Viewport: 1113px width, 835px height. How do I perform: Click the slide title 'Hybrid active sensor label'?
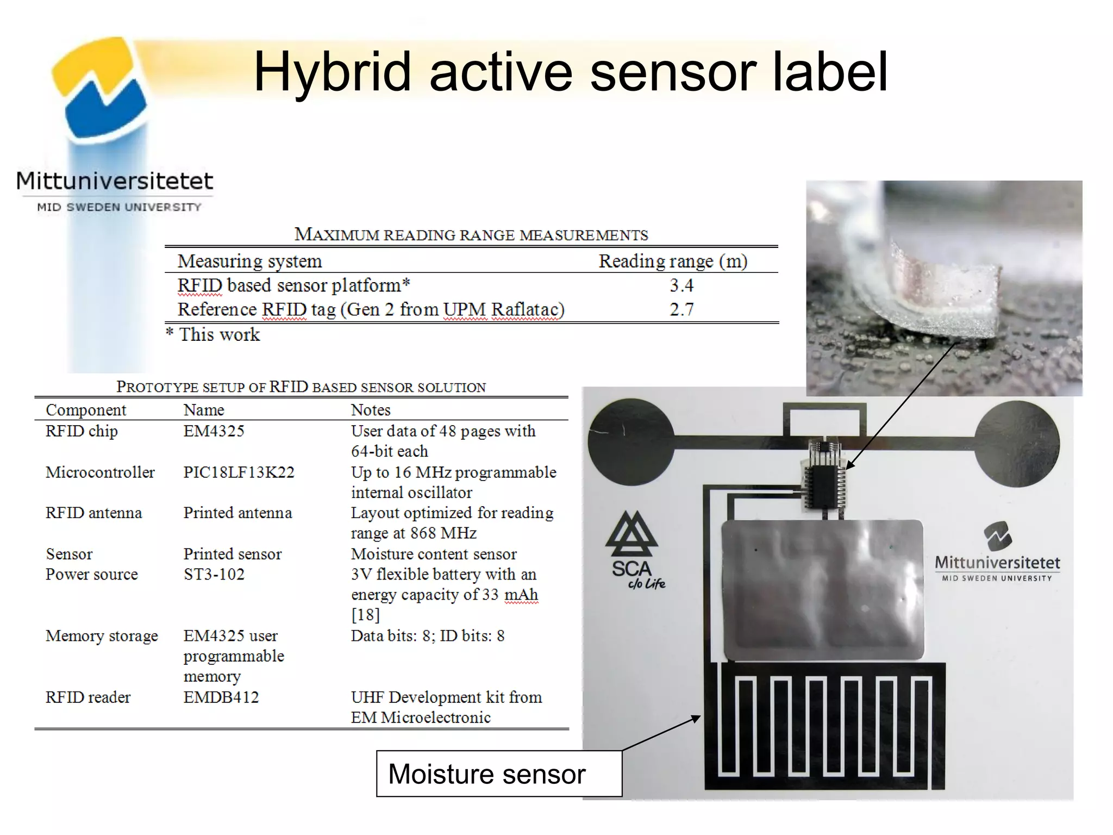pyautogui.click(x=571, y=72)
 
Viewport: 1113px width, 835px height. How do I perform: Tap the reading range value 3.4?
pyautogui.click(x=681, y=285)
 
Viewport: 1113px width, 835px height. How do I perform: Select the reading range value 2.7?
pyautogui.click(x=681, y=309)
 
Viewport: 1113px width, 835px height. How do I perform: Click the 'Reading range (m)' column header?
pyautogui.click(x=673, y=261)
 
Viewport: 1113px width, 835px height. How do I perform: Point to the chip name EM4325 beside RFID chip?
pyautogui.click(x=214, y=431)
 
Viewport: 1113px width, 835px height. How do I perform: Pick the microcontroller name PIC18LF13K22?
pyautogui.click(x=239, y=472)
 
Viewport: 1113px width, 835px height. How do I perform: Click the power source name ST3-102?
pyautogui.click(x=214, y=574)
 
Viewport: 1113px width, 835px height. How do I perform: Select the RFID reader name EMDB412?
pyautogui.click(x=221, y=697)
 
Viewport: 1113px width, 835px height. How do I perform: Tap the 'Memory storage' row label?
pyautogui.click(x=102, y=635)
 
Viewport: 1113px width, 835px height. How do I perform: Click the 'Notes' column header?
pyautogui.click(x=371, y=410)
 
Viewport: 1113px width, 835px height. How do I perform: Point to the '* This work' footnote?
pyautogui.click(x=213, y=334)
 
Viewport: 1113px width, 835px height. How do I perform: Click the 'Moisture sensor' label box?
pyautogui.click(x=498, y=774)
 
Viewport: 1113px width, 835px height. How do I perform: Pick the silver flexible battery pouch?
pyautogui.click(x=822, y=590)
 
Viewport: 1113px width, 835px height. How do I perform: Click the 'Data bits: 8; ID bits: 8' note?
pyautogui.click(x=427, y=635)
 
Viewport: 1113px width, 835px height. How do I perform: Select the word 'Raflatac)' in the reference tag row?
pyautogui.click(x=528, y=309)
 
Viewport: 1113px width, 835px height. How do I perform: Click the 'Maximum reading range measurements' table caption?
pyautogui.click(x=471, y=235)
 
